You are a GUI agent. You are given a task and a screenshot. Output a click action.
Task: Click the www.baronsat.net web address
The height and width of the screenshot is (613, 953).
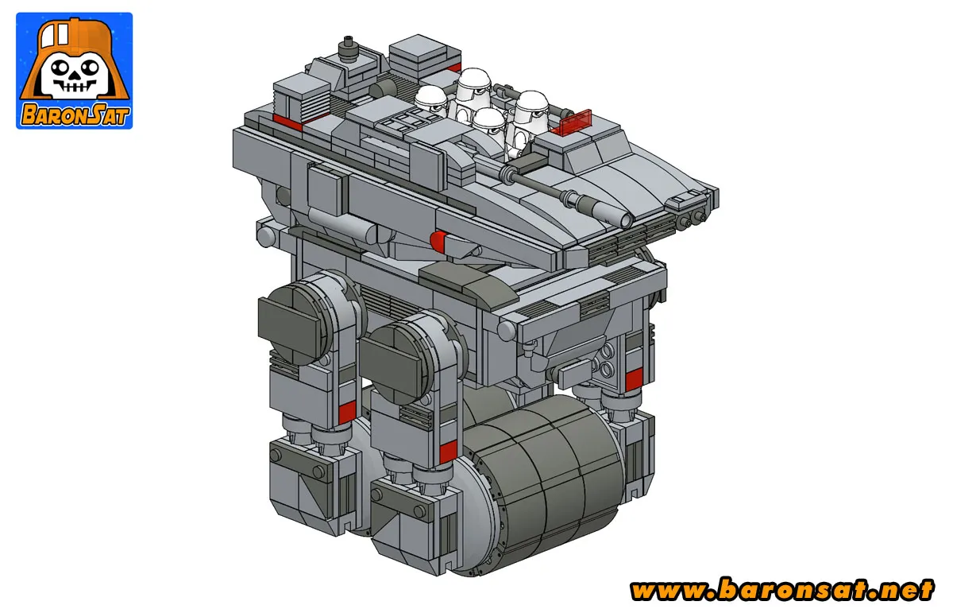pyautogui.click(x=781, y=591)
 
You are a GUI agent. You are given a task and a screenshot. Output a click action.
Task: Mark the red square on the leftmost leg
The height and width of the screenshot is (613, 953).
pyautogui.click(x=345, y=412)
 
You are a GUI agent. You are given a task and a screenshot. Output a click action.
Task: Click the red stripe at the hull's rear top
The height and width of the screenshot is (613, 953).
pyautogui.click(x=287, y=121)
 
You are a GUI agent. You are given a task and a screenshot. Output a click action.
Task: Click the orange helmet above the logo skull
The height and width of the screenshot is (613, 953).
pyautogui.click(x=73, y=40)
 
